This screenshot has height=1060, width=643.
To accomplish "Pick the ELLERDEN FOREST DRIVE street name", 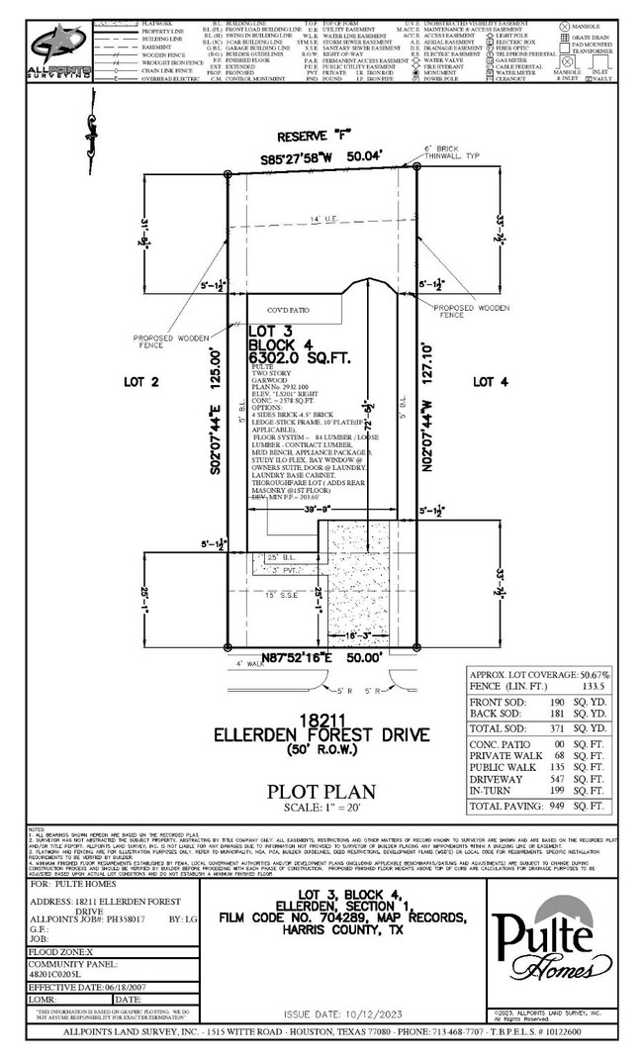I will [x=321, y=735].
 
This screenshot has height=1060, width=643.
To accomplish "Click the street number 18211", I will [x=322, y=720].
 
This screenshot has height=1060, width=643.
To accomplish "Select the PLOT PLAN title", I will [x=321, y=791].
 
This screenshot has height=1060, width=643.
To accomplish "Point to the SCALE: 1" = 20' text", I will [x=321, y=807].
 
